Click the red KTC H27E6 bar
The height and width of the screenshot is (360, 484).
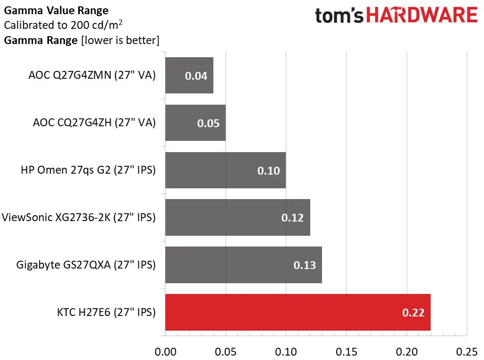(x=298, y=312)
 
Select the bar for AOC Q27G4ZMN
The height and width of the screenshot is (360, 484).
(x=189, y=75)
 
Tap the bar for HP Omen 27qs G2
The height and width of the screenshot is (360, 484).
(x=225, y=170)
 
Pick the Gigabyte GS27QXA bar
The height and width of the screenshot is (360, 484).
(x=243, y=265)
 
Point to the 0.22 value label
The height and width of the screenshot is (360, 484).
(x=413, y=313)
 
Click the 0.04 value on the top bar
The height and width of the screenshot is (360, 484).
(x=196, y=76)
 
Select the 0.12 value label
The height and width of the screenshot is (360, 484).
(x=293, y=218)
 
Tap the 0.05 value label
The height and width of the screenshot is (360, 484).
(x=208, y=123)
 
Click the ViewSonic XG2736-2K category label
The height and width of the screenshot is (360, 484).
(x=79, y=217)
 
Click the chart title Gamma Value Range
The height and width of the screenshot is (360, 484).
(x=56, y=10)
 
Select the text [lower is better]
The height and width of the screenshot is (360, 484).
(x=119, y=40)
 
